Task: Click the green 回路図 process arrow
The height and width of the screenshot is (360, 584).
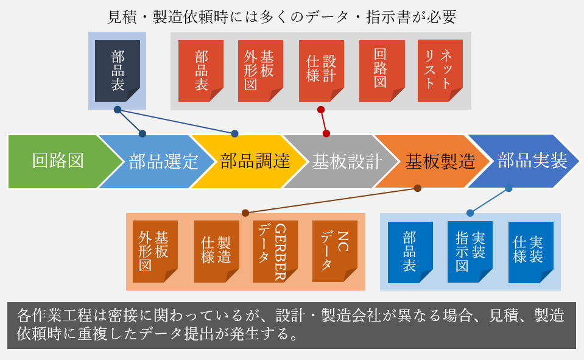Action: pyautogui.click(x=60, y=161)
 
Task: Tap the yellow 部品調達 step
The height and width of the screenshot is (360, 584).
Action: pyautogui.click(x=250, y=161)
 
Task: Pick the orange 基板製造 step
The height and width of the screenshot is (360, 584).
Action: pyautogui.click(x=434, y=161)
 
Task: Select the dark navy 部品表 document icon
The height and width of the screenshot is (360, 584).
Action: pyautogui.click(x=118, y=71)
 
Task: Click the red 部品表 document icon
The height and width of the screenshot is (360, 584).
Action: pyautogui.click(x=201, y=71)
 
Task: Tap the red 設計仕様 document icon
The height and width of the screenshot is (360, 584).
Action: pyautogui.click(x=322, y=71)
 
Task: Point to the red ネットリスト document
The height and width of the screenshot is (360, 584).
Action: pyautogui.click(x=440, y=71)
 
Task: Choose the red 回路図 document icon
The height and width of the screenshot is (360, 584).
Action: pyautogui.click(x=382, y=71)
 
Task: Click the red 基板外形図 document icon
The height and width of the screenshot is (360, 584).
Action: pyautogui.click(x=261, y=71)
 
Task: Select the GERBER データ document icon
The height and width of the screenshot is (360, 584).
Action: pyautogui.click(x=275, y=252)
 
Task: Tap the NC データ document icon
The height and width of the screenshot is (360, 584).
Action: pyautogui.click(x=335, y=252)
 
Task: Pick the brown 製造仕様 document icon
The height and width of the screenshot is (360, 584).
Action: pyautogui.click(x=216, y=252)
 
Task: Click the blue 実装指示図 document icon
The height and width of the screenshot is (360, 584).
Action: pyautogui.click(x=470, y=252)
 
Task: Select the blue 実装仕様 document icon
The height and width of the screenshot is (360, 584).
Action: pyautogui.click(x=531, y=252)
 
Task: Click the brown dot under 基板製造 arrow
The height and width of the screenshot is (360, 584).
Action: pyautogui.click(x=418, y=188)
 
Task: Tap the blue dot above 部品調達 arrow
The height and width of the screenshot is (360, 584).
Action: pyautogui.click(x=234, y=133)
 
